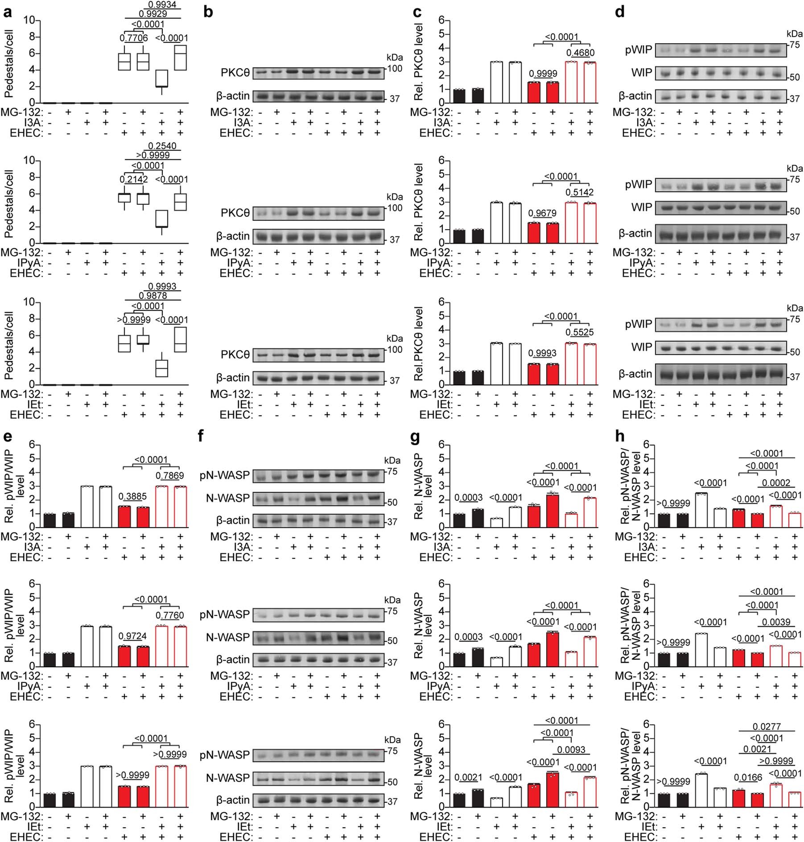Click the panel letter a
[7, 12]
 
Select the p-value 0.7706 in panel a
[133, 38]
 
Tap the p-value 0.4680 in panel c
[580, 53]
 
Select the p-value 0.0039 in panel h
[776, 622]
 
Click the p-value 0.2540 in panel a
[162, 146]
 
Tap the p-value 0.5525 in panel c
[580, 332]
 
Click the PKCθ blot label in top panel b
[235, 73]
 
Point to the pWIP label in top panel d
[638, 49]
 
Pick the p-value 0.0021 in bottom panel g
[468, 777]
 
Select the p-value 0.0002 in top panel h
[776, 483]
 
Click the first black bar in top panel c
[459, 96]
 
